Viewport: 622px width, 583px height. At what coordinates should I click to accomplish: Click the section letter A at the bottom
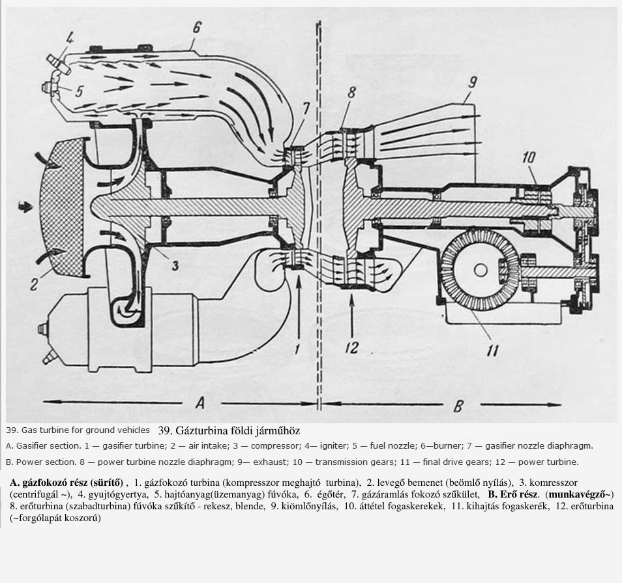click(200, 403)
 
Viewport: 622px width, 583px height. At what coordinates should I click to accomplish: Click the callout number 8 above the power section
click(351, 93)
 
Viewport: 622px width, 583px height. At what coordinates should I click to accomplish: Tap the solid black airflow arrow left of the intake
click(25, 207)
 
